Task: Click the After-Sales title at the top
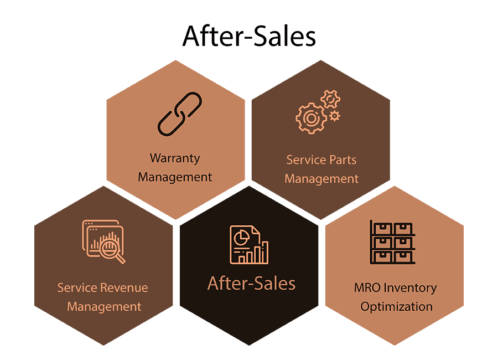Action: [249, 37]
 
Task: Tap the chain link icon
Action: [179, 114]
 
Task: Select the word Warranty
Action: [175, 158]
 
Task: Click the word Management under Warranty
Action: [175, 177]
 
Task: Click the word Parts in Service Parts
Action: [343, 160]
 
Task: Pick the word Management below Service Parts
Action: [321, 179]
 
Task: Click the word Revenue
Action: [124, 288]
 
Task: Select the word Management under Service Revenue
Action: [104, 306]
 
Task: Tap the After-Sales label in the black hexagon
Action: [251, 284]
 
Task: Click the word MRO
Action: [366, 288]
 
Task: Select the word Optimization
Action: [396, 306]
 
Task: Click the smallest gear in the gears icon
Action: [334, 116]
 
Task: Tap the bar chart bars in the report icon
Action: [257, 253]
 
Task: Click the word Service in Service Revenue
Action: [77, 288]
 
